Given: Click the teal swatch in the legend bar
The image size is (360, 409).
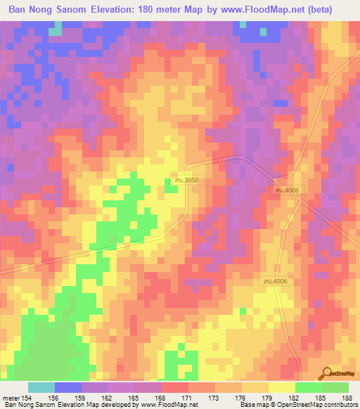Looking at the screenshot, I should click(41, 387).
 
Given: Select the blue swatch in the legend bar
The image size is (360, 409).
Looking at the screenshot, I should click(68, 387).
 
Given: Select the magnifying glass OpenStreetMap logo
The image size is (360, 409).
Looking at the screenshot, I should click(327, 373).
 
